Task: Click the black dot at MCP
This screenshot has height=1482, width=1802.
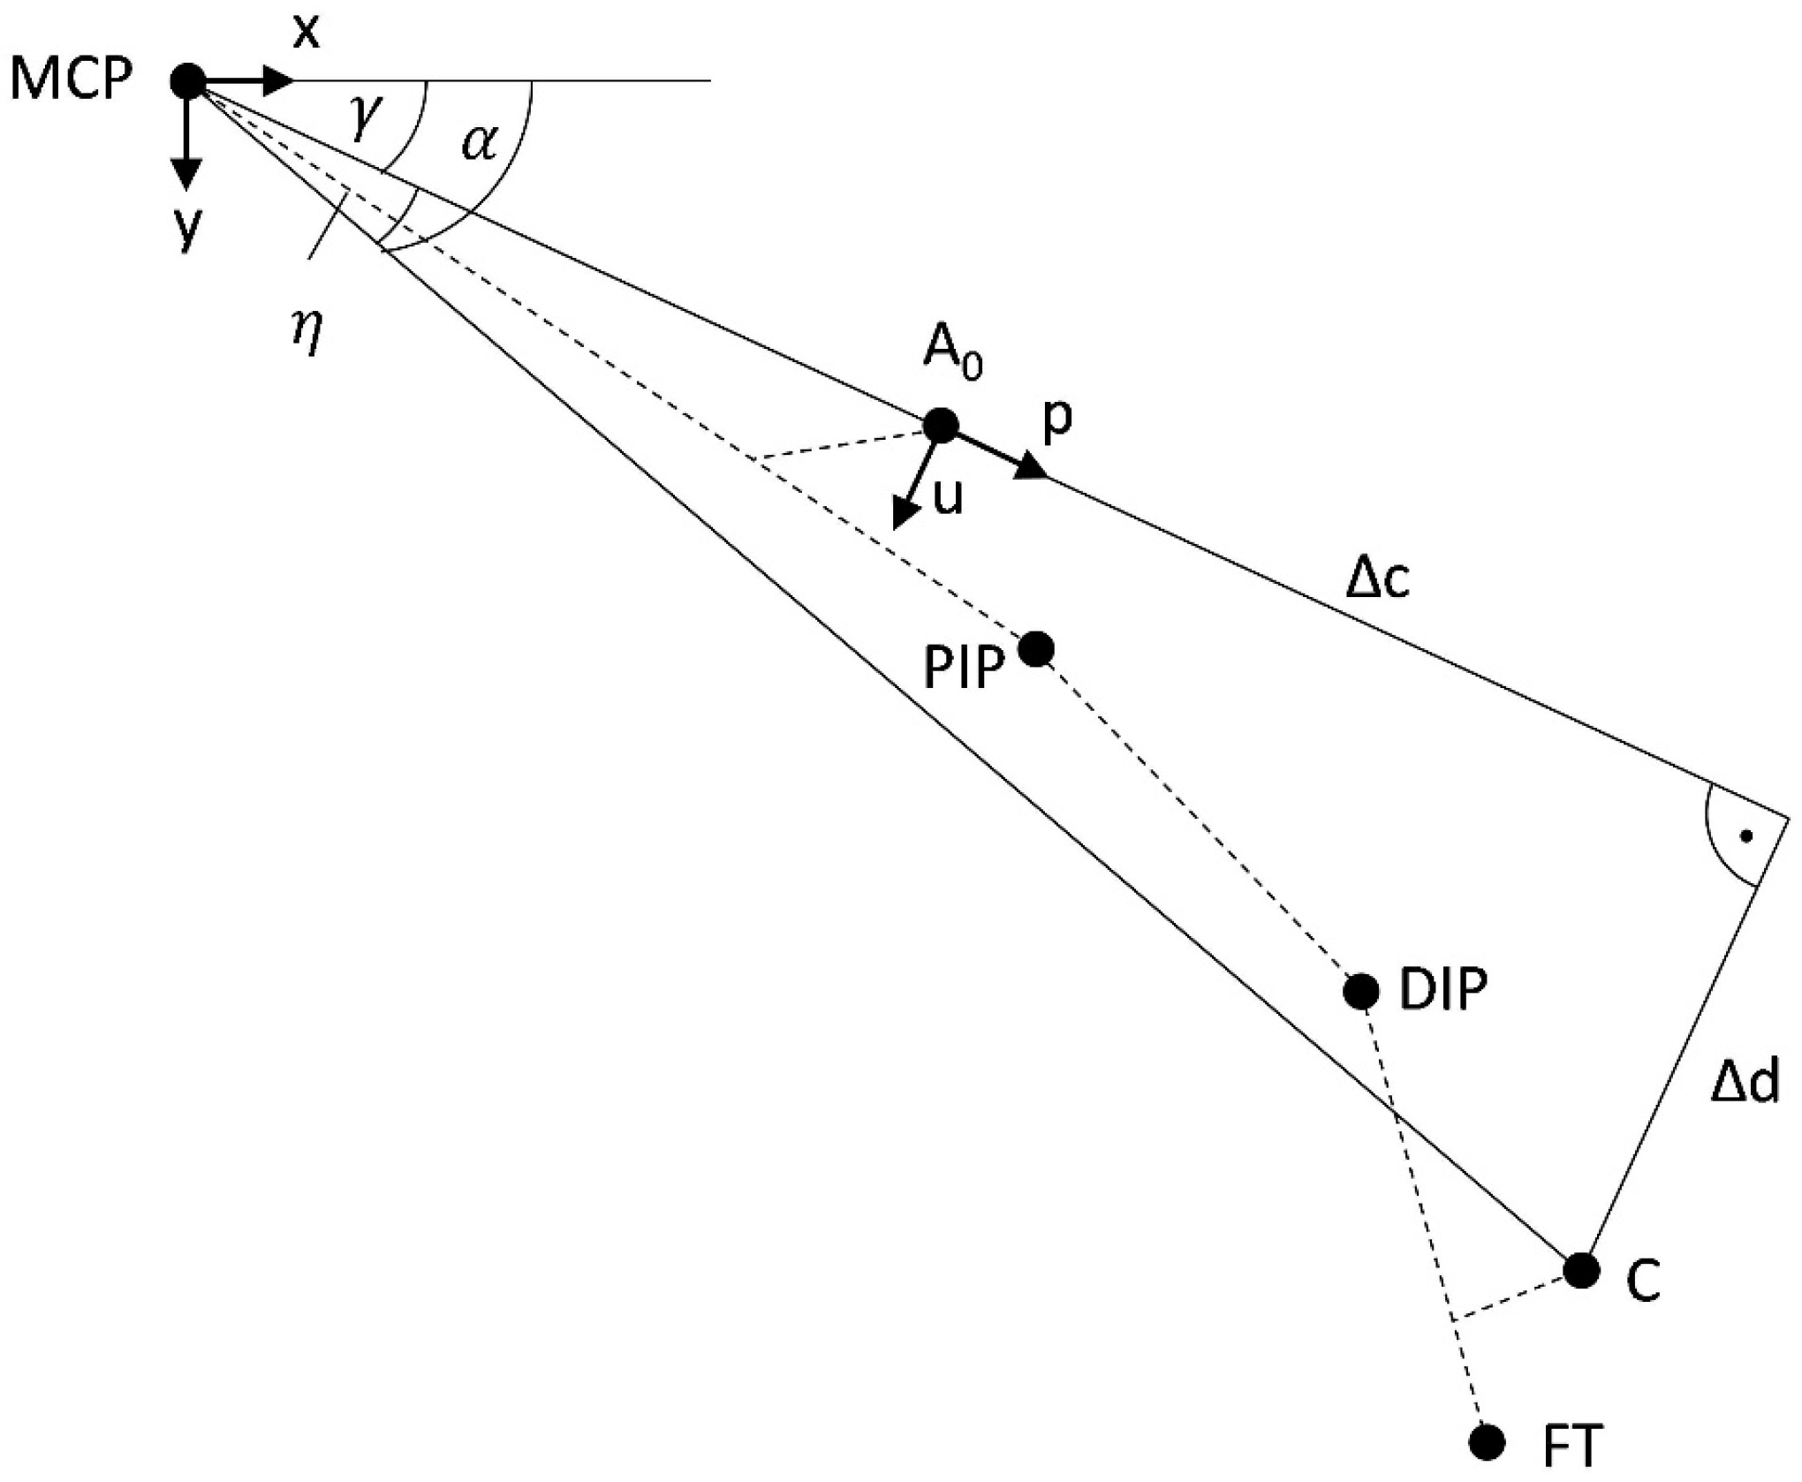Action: pyautogui.click(x=187, y=81)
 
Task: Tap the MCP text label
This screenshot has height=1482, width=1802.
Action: pyautogui.click(x=71, y=81)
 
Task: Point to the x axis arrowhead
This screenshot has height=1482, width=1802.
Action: pyautogui.click(x=277, y=81)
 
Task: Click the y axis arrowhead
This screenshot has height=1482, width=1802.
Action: pyautogui.click(x=186, y=174)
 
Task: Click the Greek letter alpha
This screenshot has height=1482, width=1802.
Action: pyautogui.click(x=480, y=142)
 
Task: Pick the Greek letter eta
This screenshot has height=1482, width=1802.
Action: pyautogui.click(x=308, y=333)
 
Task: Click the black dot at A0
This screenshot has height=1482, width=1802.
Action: pyautogui.click(x=940, y=426)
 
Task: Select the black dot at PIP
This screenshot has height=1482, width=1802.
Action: pyautogui.click(x=1036, y=649)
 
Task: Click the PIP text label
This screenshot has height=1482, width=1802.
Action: pyautogui.click(x=965, y=669)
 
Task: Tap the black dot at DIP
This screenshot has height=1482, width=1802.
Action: pyautogui.click(x=1360, y=991)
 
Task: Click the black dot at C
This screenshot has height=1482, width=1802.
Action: pyautogui.click(x=1581, y=1270)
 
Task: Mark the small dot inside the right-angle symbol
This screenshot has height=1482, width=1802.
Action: pyautogui.click(x=1745, y=836)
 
